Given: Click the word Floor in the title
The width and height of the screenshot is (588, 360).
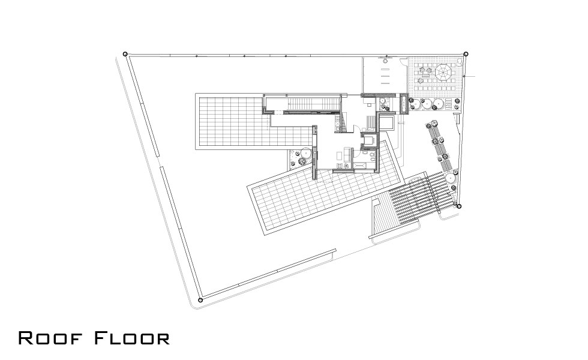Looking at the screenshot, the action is pos(131,338).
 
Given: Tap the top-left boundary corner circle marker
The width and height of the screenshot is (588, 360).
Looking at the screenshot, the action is pos(125,54).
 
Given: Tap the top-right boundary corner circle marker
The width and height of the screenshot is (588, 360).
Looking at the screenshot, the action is pos(466,54).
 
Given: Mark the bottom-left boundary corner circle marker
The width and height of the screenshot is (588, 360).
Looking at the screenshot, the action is pos(200,300).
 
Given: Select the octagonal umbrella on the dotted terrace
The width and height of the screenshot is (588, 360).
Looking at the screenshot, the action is pos(443,72).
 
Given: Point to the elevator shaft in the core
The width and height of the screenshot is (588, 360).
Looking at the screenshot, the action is pos(368,140).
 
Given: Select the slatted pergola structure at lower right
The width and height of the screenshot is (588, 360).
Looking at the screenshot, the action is pos(423,198).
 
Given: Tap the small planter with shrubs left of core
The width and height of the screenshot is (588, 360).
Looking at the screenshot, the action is pos(301,158).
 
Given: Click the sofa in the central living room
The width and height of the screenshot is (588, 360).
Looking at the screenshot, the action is pos(347,154).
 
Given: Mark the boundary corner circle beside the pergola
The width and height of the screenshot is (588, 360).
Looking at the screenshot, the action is pos(458,206).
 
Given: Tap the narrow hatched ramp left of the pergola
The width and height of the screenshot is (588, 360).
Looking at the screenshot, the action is pos(382,215).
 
